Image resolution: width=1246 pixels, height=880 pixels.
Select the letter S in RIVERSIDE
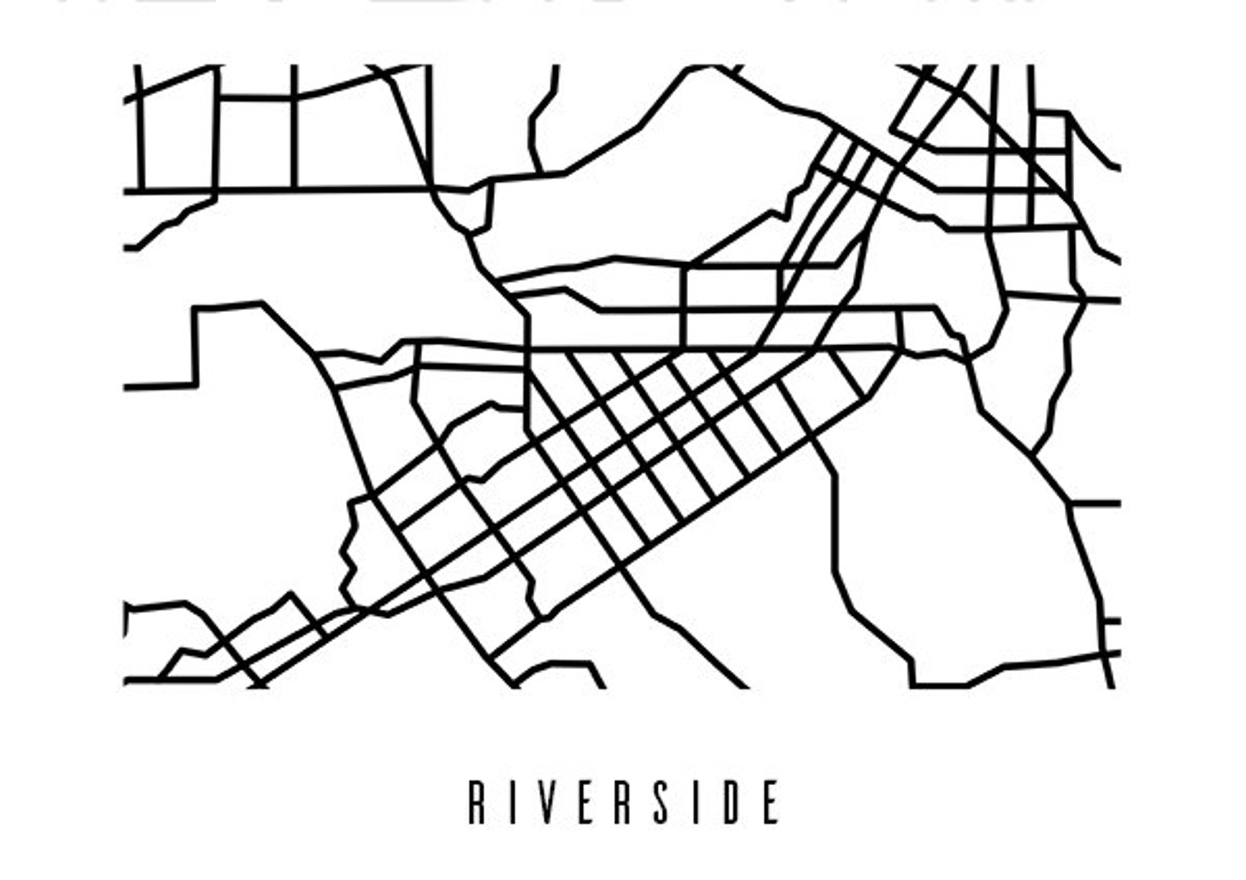pyautogui.click(x=661, y=802)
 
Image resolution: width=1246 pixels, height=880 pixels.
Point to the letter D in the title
pyautogui.click(x=734, y=802)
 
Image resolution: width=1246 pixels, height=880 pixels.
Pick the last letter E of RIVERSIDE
pyautogui.click(x=771, y=802)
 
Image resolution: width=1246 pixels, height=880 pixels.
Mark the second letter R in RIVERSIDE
pyautogui.click(x=624, y=802)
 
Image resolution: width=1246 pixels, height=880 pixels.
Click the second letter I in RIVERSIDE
pyautogui.click(x=697, y=802)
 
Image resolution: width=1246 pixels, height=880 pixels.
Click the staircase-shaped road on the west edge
pyautogui.click(x=194, y=345)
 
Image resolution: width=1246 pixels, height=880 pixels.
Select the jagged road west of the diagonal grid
pyautogui.click(x=349, y=549)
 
